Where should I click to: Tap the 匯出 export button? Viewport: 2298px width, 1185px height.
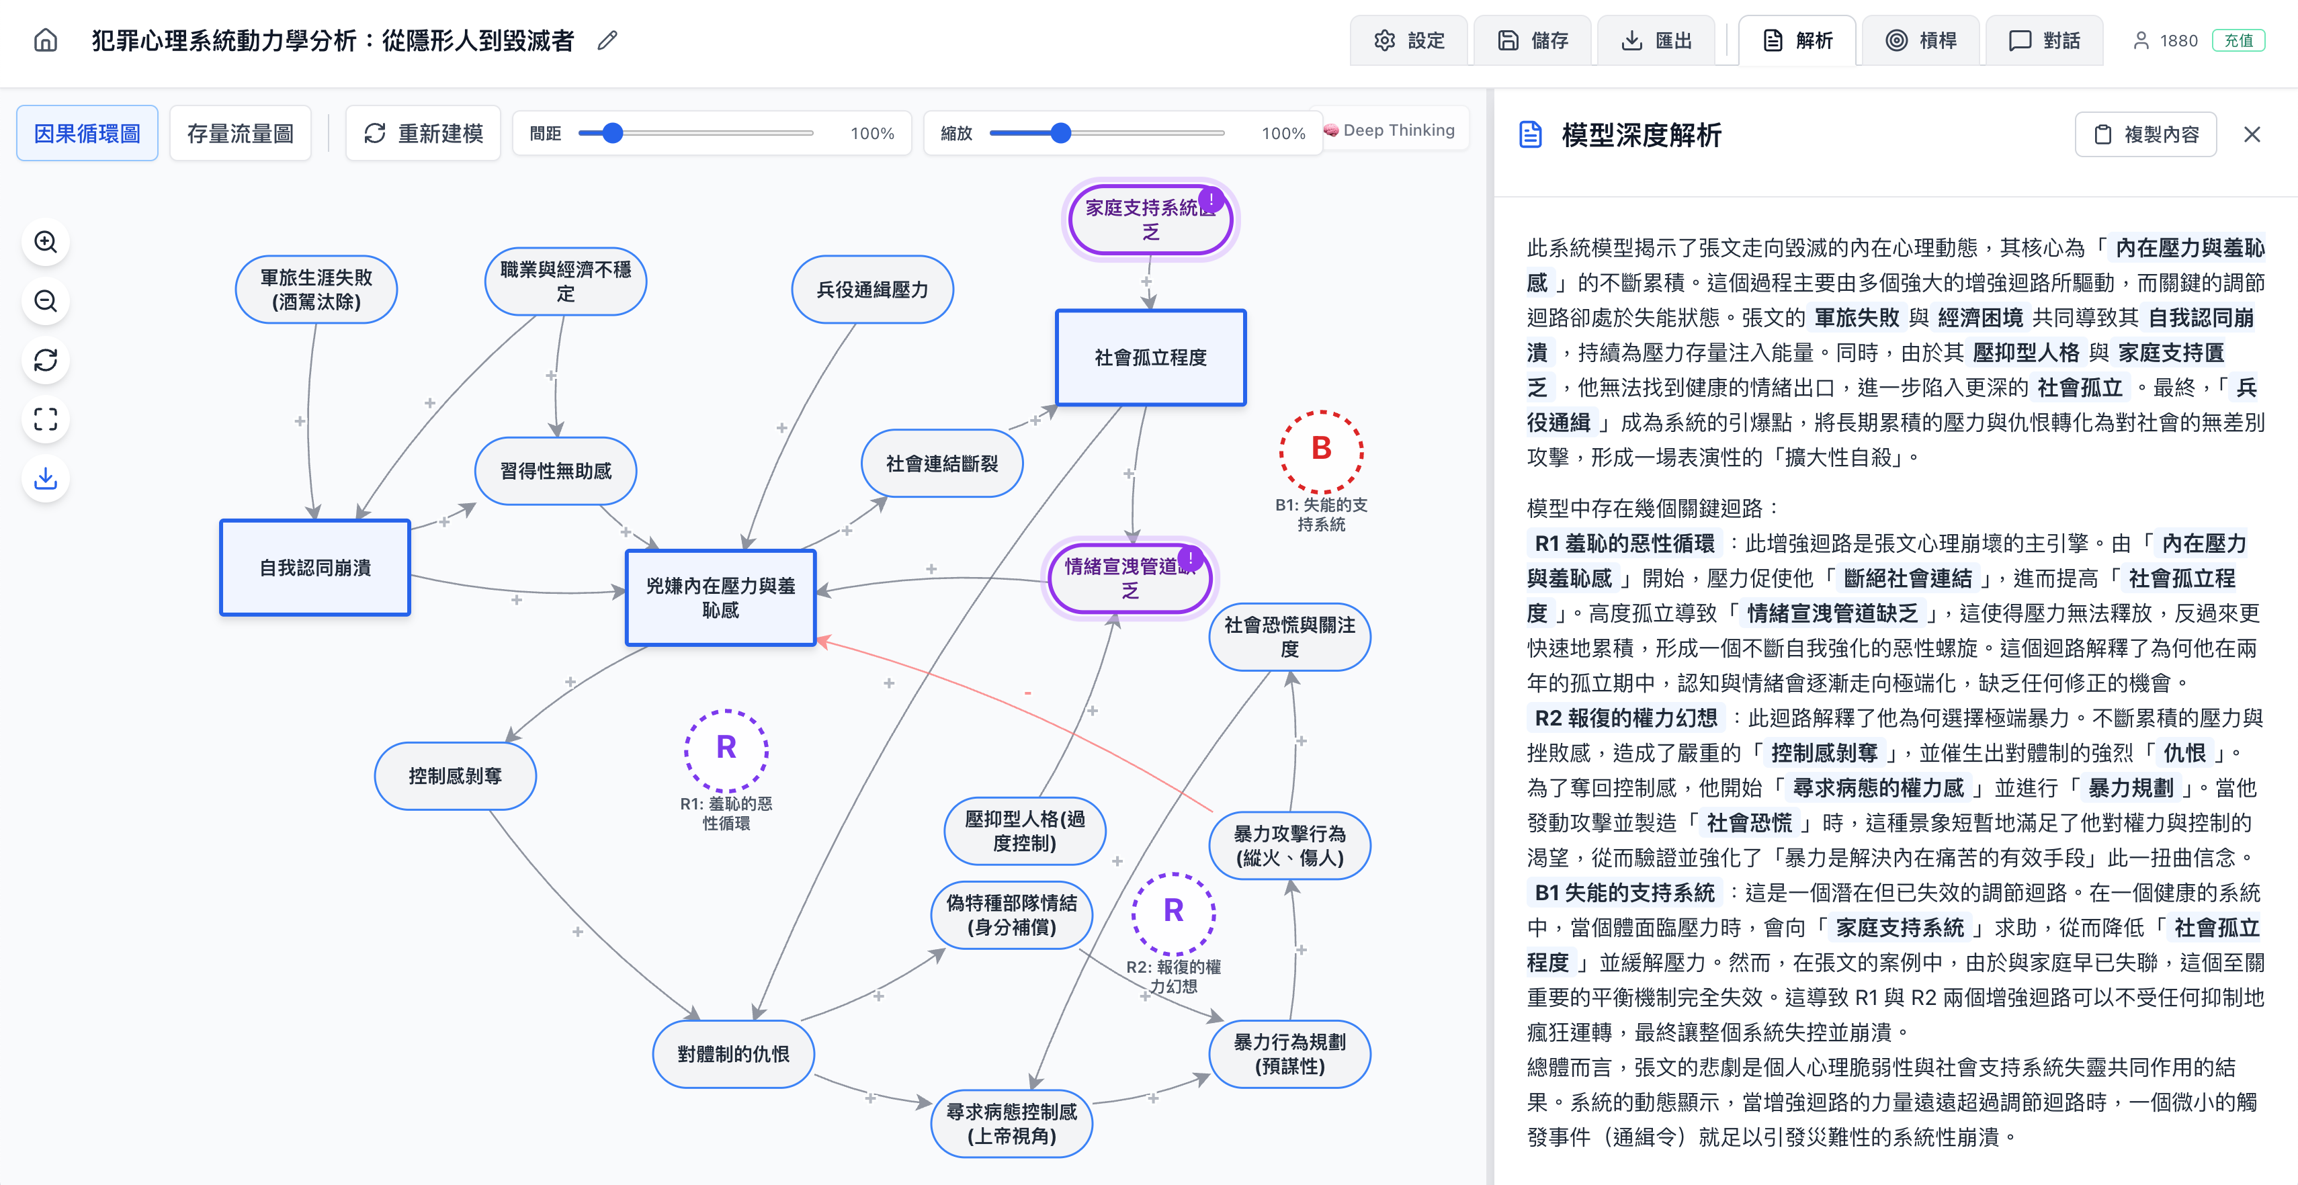(x=1656, y=40)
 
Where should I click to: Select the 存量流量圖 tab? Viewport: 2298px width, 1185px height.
(x=240, y=134)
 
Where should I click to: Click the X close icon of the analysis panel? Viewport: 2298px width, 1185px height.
(x=2252, y=134)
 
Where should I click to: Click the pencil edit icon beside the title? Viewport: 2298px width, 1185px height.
(x=607, y=40)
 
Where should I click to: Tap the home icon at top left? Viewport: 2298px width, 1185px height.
(x=46, y=40)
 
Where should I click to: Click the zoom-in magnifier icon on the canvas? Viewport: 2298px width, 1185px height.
(x=46, y=242)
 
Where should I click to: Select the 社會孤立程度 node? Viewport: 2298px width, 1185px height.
(x=1150, y=357)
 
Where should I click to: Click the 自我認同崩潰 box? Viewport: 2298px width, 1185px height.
(x=315, y=568)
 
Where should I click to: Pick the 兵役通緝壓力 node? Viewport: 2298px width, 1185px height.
(x=871, y=290)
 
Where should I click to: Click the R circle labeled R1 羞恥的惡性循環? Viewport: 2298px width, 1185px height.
(x=726, y=749)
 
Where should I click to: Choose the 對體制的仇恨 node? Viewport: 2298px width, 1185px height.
(x=732, y=1054)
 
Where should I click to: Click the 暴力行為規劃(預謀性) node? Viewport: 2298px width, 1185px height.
(x=1289, y=1054)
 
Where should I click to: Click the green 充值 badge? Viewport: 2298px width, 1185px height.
(x=2238, y=40)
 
